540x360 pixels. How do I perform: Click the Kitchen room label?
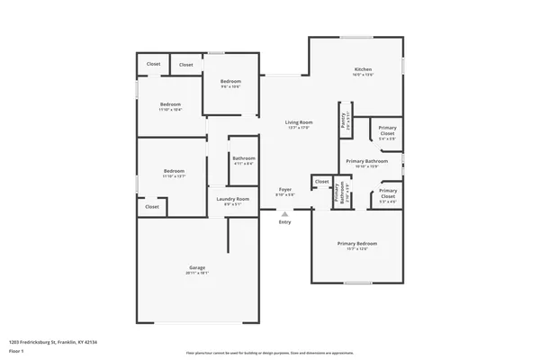363,69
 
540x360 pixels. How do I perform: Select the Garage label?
197,268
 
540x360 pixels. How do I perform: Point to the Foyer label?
284,190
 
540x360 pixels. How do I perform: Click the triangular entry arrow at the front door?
285,214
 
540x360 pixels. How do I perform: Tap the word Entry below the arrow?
285,222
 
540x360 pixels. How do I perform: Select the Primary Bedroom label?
356,244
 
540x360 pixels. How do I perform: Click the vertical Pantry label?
344,122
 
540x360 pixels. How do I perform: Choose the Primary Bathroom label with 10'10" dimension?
366,161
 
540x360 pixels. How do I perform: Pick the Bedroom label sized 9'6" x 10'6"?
231,82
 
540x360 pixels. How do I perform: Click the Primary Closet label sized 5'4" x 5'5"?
387,131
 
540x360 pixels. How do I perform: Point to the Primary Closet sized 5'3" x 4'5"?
388,193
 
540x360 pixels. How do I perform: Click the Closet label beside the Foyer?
322,182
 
